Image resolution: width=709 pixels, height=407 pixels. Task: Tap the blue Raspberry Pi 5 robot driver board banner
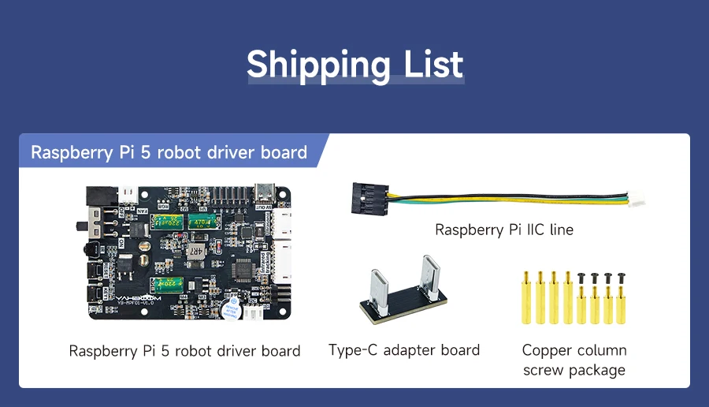tap(169, 151)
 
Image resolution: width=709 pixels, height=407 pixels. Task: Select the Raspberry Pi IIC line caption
tap(504, 230)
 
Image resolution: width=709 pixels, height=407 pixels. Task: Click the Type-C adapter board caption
tap(403, 350)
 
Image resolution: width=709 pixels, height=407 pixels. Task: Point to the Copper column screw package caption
tap(574, 360)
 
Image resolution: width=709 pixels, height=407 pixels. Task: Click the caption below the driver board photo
tap(184, 351)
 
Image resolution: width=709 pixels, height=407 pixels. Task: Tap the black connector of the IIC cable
tap(367, 197)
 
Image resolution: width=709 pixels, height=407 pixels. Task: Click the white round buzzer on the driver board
tap(231, 307)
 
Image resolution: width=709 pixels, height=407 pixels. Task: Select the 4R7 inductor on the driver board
tap(195, 252)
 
